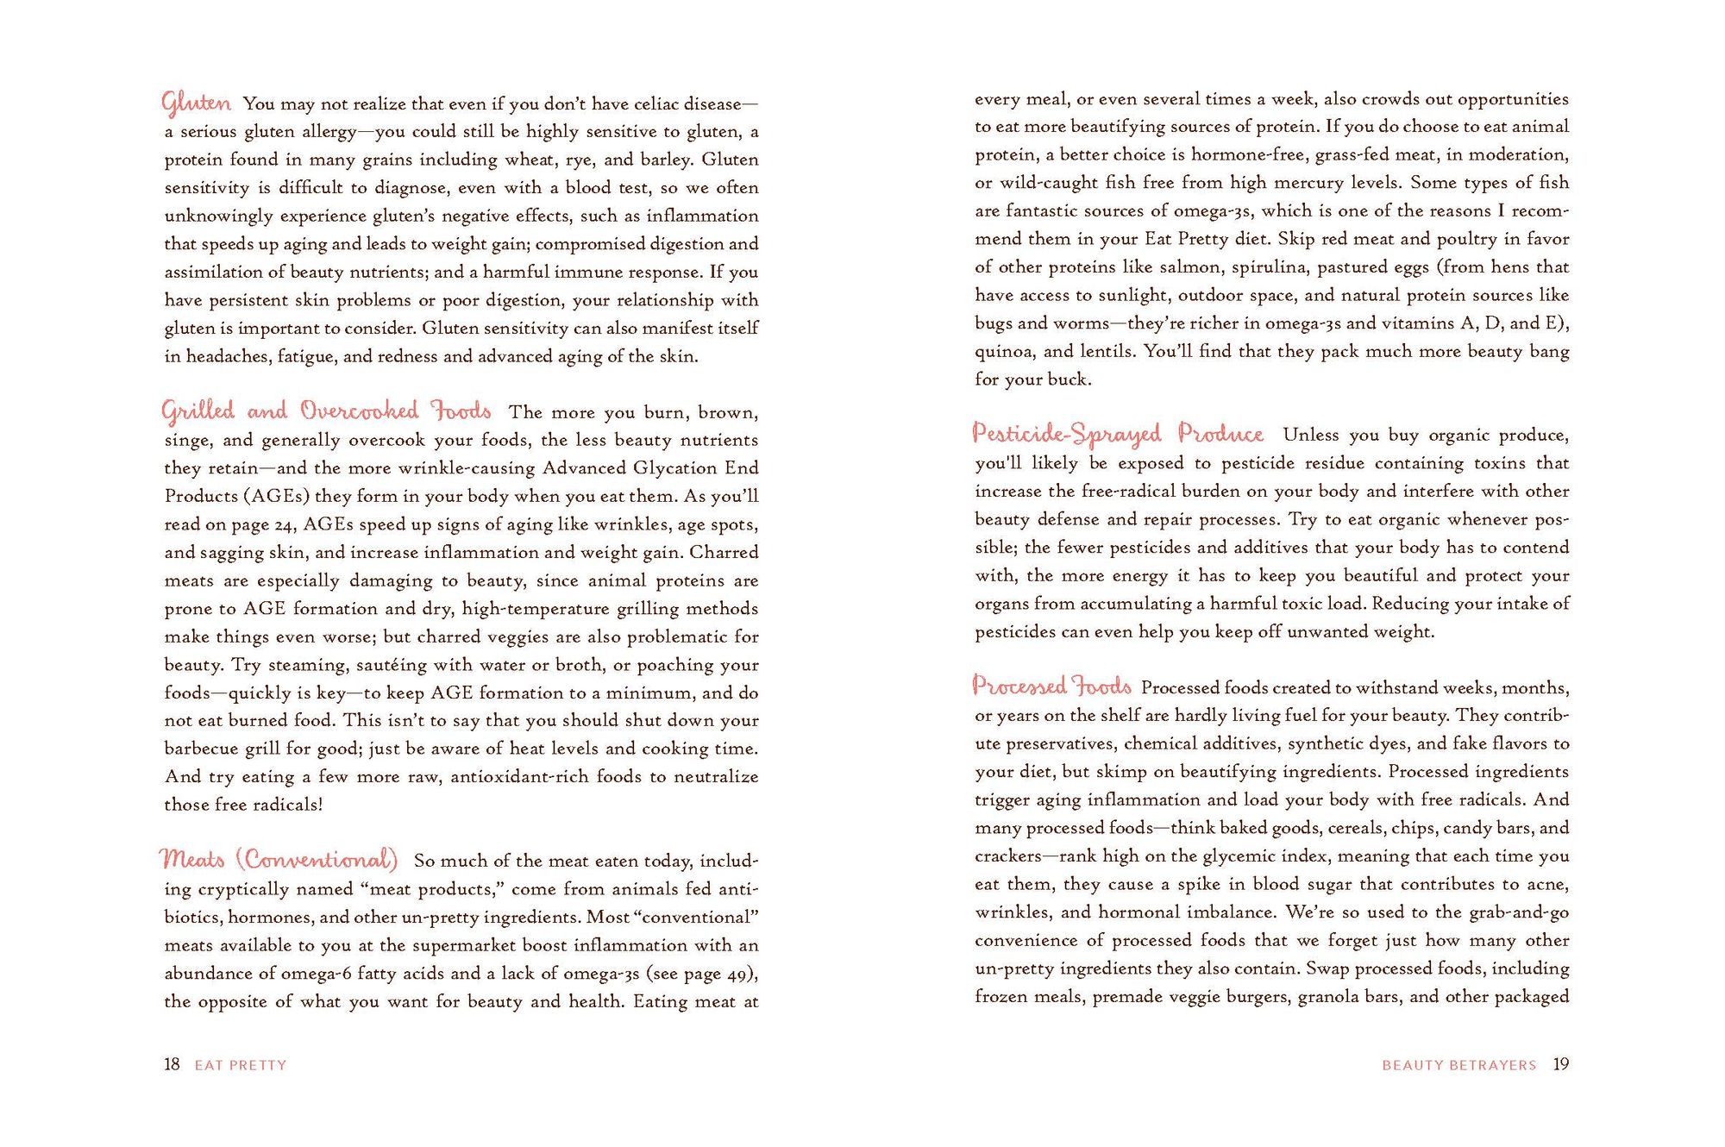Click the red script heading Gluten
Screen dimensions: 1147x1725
(x=196, y=103)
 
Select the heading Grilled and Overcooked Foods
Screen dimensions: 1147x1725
(x=326, y=411)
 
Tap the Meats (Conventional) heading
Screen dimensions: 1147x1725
(x=279, y=859)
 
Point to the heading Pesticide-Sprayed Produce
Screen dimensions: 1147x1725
(x=1117, y=433)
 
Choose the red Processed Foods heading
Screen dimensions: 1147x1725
(x=1051, y=686)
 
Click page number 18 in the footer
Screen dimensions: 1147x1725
(x=172, y=1064)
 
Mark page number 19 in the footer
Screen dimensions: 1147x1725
(x=1560, y=1064)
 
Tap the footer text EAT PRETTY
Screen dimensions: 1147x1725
(x=241, y=1065)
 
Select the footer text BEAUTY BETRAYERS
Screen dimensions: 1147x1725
(x=1458, y=1065)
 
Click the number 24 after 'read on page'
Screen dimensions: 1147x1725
(x=284, y=524)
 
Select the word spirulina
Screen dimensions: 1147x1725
(x=1271, y=267)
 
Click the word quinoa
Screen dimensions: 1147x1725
(x=1003, y=352)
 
